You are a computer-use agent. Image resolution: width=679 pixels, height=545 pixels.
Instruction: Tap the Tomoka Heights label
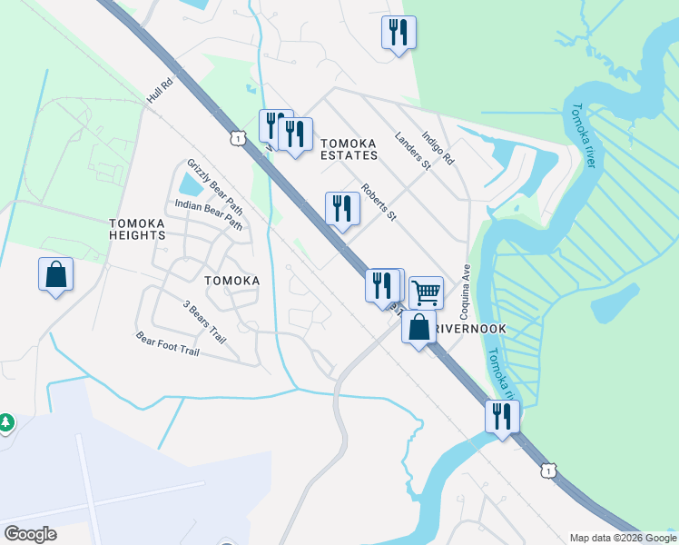138,229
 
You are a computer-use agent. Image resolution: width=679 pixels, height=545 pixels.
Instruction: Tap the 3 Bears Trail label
203,322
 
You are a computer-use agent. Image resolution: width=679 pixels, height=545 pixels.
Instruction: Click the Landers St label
412,151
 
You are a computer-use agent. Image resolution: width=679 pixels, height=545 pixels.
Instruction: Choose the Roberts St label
379,202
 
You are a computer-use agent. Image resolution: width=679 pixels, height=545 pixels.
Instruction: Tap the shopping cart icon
426,292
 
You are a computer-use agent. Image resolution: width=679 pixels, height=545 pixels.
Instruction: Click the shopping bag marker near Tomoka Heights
55,272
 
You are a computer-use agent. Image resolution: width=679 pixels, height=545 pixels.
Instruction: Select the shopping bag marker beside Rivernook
418,326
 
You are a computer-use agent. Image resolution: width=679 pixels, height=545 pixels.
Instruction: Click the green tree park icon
5,421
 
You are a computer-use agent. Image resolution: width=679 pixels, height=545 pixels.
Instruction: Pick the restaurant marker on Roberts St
342,208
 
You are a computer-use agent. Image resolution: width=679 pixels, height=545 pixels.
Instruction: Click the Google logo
30,534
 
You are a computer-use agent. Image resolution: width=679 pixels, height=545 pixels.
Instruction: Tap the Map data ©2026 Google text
623,538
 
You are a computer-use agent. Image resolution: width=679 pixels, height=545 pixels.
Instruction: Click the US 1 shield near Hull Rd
237,137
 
